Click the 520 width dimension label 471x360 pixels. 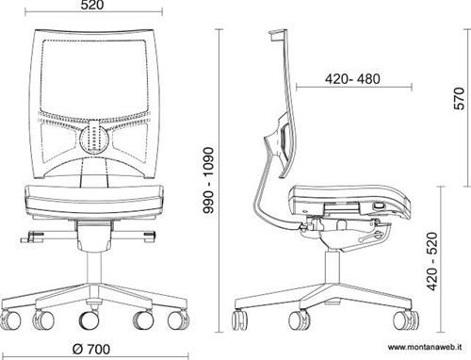coord(91,5)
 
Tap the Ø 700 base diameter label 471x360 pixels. coord(91,349)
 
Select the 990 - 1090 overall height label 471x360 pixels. coord(208,180)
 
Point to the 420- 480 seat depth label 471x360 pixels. coord(352,79)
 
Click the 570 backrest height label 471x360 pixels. coord(459,98)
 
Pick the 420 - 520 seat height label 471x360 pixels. coord(432,261)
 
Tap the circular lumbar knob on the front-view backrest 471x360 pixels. coord(94,139)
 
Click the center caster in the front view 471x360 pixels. coord(89,319)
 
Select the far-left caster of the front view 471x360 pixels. coord(10,319)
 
